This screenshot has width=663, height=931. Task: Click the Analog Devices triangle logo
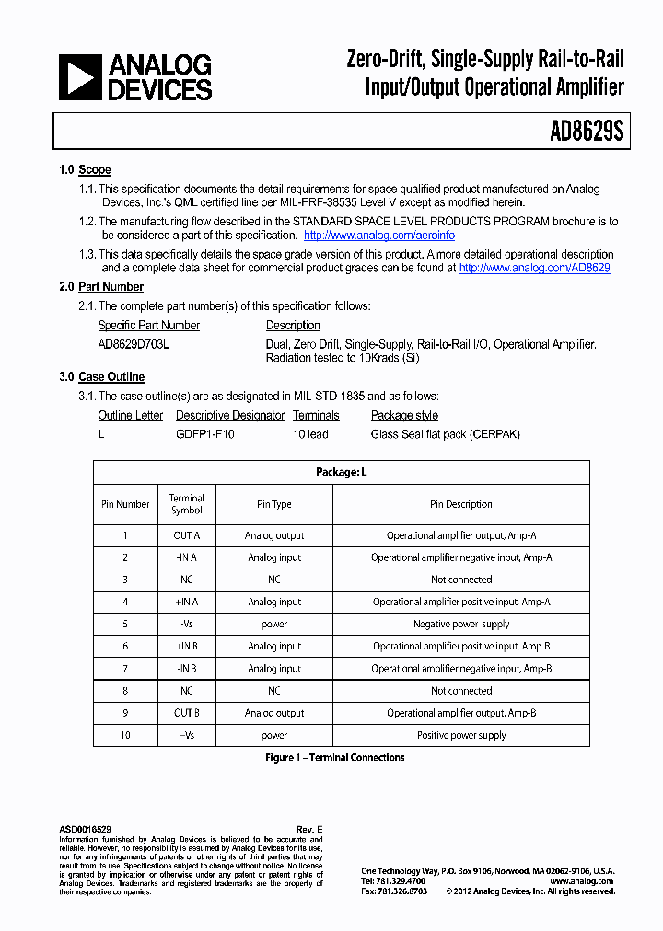[80, 77]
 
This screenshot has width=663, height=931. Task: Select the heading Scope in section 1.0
[95, 170]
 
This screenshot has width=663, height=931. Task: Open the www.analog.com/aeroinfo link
[379, 236]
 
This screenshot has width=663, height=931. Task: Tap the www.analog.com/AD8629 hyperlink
[534, 268]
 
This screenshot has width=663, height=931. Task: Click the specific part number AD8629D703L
[134, 344]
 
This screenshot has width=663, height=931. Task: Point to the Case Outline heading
[110, 377]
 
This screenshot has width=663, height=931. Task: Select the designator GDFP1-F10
[205, 433]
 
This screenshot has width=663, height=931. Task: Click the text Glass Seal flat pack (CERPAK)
[445, 433]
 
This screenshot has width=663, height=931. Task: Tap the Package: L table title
[341, 472]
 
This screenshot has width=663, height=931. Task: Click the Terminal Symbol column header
[186, 504]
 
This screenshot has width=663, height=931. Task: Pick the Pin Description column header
[461, 504]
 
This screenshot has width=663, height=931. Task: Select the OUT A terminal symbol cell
[186, 535]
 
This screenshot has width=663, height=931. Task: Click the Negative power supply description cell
[461, 624]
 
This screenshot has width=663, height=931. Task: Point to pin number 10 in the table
[125, 735]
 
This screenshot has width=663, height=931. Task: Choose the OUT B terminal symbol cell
[186, 713]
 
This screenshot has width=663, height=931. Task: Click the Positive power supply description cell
[461, 735]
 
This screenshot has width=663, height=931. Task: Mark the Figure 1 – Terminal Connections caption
[335, 758]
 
